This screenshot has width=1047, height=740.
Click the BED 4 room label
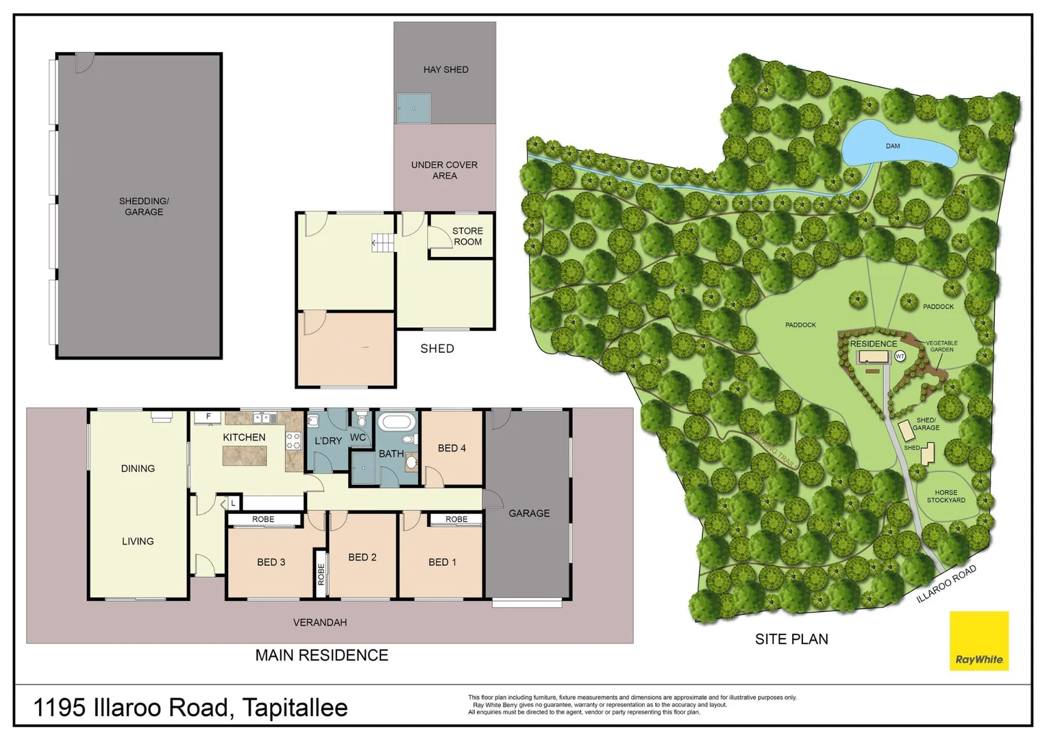[452, 448]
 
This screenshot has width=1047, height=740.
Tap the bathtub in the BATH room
[395, 421]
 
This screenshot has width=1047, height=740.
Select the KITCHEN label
[244, 437]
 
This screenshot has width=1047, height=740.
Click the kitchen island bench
[244, 456]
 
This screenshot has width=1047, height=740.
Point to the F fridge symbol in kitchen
[208, 417]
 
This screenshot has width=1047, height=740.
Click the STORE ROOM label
[467, 236]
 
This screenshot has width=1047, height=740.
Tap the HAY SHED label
[445, 69]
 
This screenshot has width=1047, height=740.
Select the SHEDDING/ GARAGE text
[144, 206]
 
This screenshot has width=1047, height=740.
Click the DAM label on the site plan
[892, 146]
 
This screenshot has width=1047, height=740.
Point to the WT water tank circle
[900, 356]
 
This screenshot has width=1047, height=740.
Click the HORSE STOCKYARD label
[946, 496]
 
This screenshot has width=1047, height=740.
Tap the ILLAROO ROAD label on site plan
[946, 584]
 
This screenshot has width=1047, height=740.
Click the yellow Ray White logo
[978, 641]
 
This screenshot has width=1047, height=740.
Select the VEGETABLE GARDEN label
[941, 346]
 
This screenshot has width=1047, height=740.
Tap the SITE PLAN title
[791, 639]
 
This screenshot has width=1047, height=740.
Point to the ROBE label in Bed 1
[456, 519]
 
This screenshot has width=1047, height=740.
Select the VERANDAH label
[320, 622]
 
